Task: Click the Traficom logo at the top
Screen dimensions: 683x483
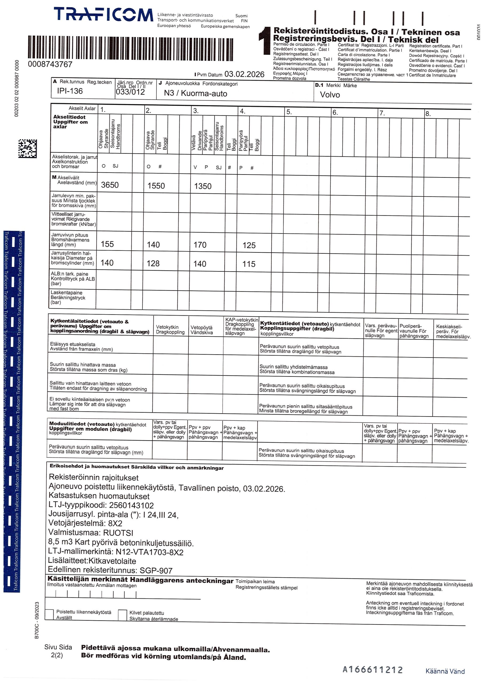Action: click(x=103, y=15)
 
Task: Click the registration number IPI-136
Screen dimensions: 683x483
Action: click(x=70, y=91)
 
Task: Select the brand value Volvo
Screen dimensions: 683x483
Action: click(x=330, y=95)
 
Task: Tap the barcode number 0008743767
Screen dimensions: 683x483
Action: click(x=50, y=64)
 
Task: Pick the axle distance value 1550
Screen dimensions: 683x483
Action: click(x=156, y=186)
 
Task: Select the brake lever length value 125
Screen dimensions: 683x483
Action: click(x=249, y=245)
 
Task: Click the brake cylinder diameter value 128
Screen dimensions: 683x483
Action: click(x=153, y=264)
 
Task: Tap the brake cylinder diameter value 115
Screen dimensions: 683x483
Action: click(x=248, y=264)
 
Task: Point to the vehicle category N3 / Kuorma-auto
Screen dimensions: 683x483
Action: click(x=195, y=93)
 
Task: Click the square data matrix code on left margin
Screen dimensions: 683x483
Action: click(x=27, y=148)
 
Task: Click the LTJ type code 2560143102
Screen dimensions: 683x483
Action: click(x=131, y=505)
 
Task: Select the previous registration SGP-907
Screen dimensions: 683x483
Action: click(x=156, y=571)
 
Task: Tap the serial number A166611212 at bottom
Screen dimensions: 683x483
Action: click(x=372, y=670)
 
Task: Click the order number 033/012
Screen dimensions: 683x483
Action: click(x=130, y=92)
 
